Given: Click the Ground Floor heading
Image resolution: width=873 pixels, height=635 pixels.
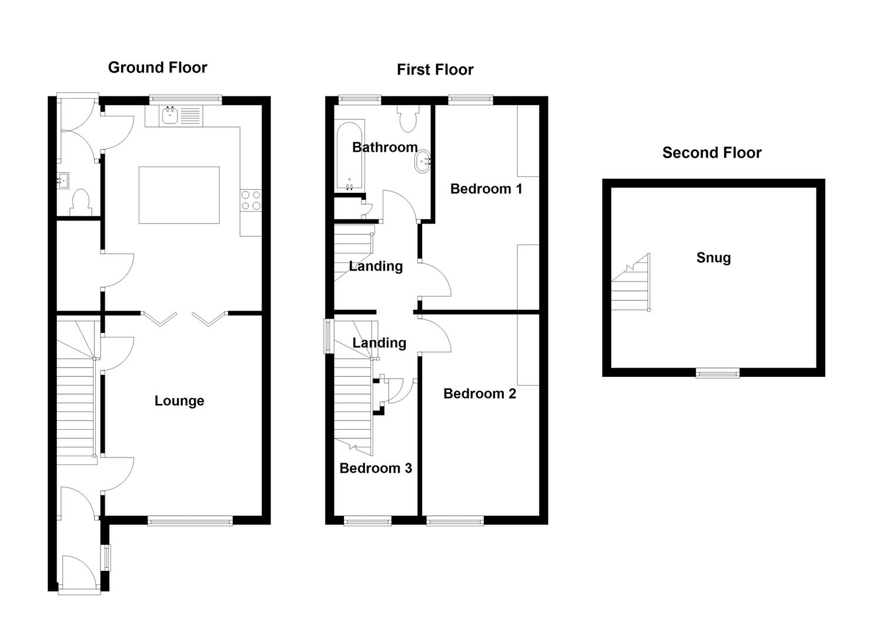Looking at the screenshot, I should pos(158,68).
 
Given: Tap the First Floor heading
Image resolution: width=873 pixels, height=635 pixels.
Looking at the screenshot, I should pos(434,70).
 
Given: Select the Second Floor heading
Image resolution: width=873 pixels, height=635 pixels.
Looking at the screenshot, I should pos(711,153).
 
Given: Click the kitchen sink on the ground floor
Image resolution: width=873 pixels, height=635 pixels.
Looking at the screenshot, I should pos(170,116).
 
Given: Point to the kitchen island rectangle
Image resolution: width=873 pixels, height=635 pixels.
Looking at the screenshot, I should pos(179,195).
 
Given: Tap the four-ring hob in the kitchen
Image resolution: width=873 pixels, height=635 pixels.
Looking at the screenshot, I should pos(250,200).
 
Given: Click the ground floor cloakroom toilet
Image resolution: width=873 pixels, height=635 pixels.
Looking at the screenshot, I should pos(80,202).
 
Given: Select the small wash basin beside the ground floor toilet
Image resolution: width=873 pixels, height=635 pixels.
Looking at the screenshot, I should pos(63,180).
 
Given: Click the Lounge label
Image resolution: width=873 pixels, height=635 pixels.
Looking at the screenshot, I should pos(179,401).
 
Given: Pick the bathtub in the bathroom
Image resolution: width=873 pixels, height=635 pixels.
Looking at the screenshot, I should pos(350,156).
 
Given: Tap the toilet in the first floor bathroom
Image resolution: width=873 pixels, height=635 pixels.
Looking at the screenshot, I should pos(407,119).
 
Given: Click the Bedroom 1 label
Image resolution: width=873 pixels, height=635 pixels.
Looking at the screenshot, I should pos(486,189).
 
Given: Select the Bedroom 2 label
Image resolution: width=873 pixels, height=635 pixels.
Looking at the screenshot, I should pos(479,394).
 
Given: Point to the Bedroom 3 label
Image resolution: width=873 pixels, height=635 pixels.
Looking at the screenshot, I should pos(375,469).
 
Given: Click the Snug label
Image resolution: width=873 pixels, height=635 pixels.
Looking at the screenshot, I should pos(713,258).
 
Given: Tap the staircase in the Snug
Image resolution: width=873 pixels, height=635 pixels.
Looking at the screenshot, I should pos(630,285).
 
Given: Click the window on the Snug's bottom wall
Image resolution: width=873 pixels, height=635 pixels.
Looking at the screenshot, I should pos(718,372).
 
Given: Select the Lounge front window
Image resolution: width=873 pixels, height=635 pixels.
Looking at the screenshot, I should pos(190,520).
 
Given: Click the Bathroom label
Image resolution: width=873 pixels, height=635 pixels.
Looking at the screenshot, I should pos(384,148).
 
